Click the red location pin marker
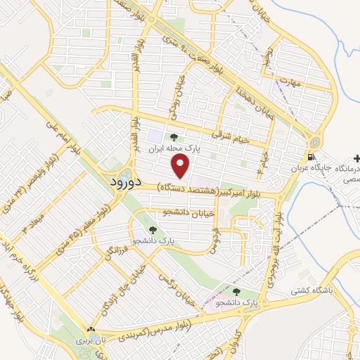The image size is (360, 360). [181, 167]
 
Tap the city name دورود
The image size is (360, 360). [127, 182]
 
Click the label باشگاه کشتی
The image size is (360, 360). [313, 289]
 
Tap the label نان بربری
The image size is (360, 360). [90, 341]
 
